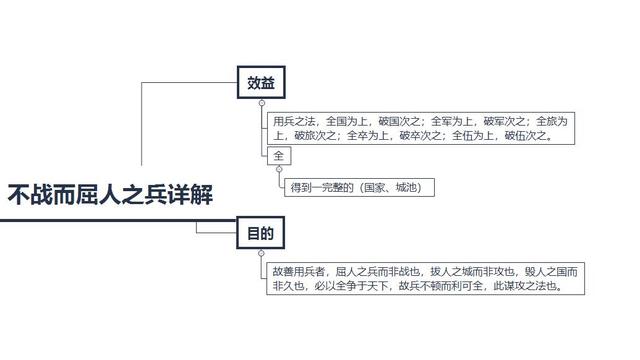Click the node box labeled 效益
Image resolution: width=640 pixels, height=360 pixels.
[261, 82]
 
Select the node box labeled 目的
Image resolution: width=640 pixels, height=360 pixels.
[260, 233]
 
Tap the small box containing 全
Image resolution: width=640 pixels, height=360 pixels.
[279, 156]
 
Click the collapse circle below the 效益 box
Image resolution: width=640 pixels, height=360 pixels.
[262, 103]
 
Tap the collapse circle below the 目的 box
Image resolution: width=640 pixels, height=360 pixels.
[261, 253]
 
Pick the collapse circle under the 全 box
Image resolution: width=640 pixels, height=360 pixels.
[279, 169]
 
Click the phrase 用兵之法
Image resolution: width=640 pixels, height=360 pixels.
[294, 121]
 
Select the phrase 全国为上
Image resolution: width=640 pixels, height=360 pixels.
[347, 121]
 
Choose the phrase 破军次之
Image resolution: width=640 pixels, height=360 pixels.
[504, 121]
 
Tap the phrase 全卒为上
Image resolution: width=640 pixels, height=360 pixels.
[368, 135]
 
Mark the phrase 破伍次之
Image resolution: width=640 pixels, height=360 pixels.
[526, 135]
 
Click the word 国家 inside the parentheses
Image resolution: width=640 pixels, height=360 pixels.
[375, 187]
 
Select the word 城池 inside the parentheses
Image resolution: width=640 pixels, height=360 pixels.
[406, 187]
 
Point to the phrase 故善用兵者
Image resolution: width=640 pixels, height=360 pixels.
[299, 272]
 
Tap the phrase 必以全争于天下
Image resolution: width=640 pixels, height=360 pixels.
[351, 286]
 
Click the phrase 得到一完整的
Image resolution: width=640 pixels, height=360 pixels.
[322, 187]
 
